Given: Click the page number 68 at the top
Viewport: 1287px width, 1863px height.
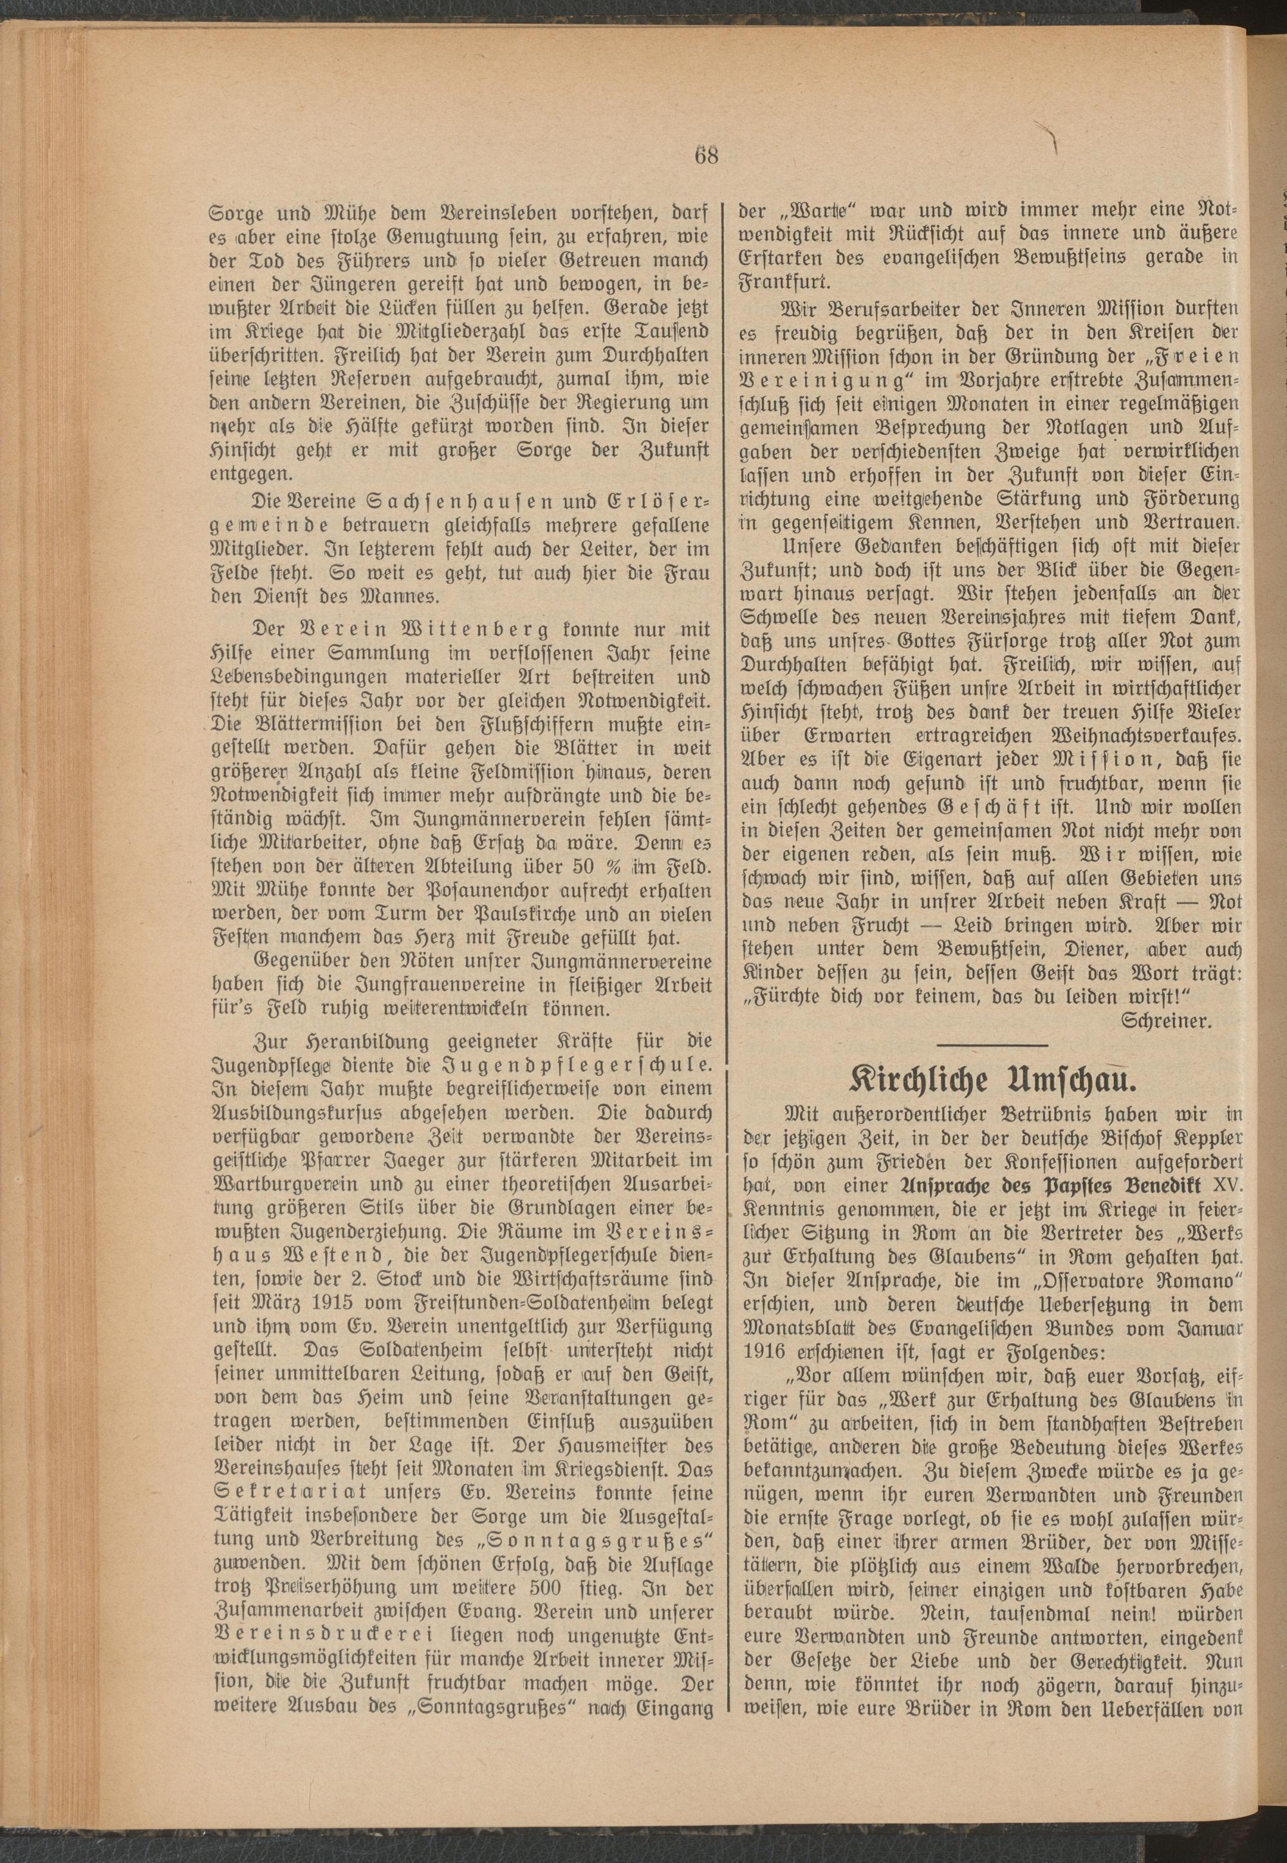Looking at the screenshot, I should point(705,155).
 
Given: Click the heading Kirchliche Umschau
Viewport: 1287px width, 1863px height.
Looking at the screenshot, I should point(990,1079).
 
